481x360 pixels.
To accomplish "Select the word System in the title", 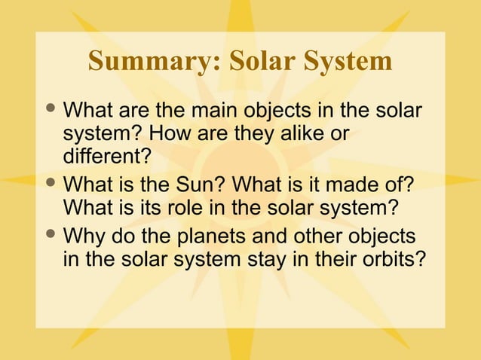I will pos(350,62).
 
